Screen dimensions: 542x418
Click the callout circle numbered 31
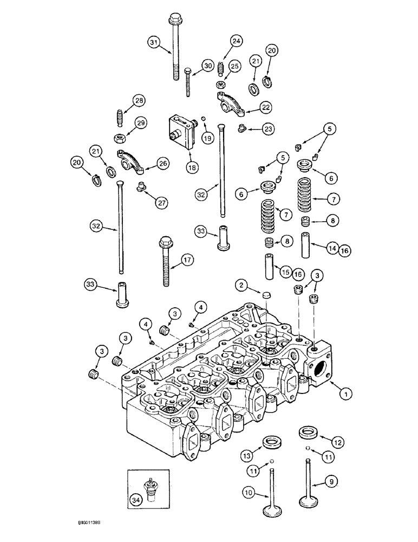(x=153, y=43)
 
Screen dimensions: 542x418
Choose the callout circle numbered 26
(x=162, y=162)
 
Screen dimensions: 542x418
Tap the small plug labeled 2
(x=265, y=295)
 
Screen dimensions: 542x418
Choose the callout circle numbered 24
(x=236, y=41)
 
